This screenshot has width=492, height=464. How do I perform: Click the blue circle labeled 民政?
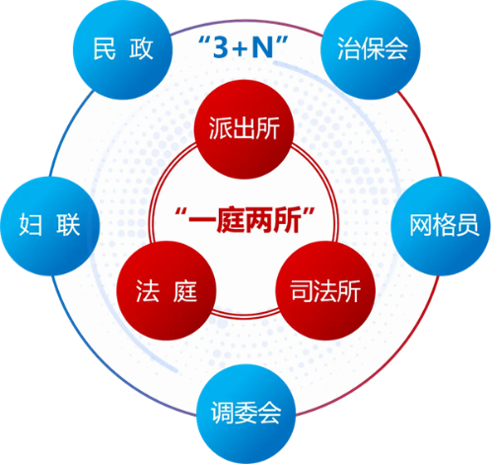[x=122, y=49]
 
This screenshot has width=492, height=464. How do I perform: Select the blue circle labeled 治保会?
[x=371, y=49]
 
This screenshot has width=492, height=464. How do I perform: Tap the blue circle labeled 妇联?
[x=50, y=226]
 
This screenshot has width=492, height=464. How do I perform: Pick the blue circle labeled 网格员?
[x=441, y=226]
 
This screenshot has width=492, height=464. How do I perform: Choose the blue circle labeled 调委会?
[x=246, y=414]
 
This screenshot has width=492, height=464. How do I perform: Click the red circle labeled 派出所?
[x=244, y=129]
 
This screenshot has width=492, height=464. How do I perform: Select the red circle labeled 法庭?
[x=167, y=290]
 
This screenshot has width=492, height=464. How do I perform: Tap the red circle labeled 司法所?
[x=325, y=290]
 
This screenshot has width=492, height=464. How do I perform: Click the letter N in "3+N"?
[x=263, y=47]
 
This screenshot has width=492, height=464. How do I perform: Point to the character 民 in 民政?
[x=105, y=48]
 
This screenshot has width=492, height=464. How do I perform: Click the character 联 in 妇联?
[x=68, y=225]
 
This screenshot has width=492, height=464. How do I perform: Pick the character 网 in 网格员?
[x=421, y=226]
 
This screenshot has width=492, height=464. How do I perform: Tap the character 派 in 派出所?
[x=220, y=128]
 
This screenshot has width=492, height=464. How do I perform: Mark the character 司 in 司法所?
[x=302, y=291]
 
